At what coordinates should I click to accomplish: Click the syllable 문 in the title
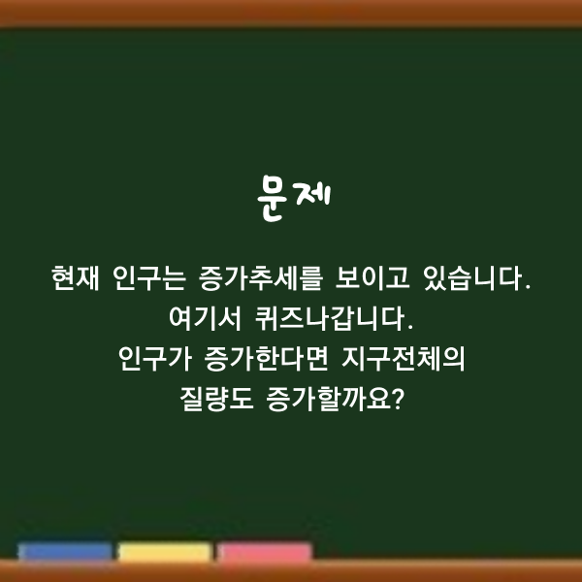click(x=272, y=199)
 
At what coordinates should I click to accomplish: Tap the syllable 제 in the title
click(x=313, y=195)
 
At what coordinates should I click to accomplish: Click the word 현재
click(x=76, y=278)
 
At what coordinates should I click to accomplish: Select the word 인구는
click(x=149, y=278)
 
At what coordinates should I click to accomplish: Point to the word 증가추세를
click(x=261, y=278)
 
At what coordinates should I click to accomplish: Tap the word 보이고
click(x=372, y=278)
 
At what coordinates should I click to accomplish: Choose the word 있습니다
click(x=472, y=278)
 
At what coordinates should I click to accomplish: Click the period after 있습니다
click(x=529, y=287)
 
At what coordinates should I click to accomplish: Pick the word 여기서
click(x=206, y=318)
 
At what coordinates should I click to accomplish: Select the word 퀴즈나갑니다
click(x=330, y=318)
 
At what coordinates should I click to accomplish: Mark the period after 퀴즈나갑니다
click(x=410, y=328)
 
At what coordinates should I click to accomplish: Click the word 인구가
click(x=155, y=359)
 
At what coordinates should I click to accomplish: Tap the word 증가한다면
click(x=267, y=359)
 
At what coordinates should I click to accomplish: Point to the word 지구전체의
click(x=404, y=359)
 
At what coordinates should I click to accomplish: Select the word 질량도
click(x=216, y=400)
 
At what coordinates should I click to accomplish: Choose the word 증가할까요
click(x=329, y=400)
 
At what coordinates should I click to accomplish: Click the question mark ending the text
click(x=398, y=399)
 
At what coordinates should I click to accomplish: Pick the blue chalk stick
click(x=65, y=552)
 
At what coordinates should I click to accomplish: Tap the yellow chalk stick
click(x=165, y=552)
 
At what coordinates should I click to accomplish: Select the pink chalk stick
click(x=264, y=552)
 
